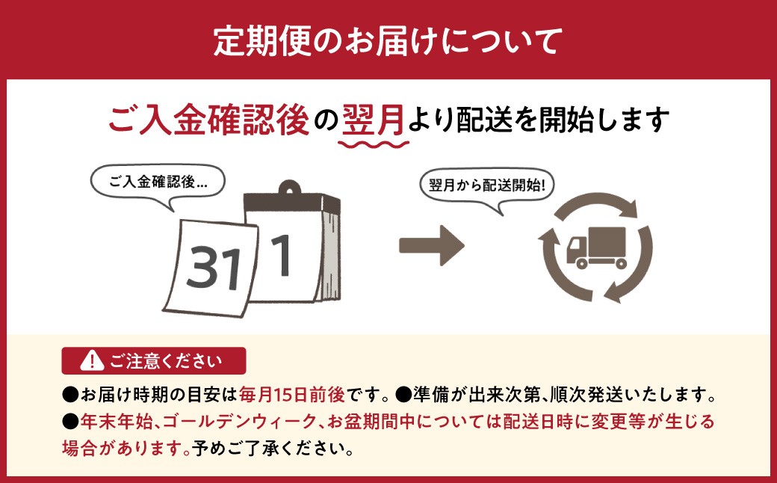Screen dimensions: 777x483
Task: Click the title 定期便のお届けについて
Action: coord(388,40)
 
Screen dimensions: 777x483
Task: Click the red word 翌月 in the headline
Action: coord(374,120)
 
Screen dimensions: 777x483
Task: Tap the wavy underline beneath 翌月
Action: coord(374,144)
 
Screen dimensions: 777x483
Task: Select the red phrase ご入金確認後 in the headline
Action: coord(208,120)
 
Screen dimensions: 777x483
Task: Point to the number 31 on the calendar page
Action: coord(214,267)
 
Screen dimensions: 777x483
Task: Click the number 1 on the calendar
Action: coord(282,256)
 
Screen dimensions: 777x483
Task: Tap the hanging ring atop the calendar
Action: coord(290,188)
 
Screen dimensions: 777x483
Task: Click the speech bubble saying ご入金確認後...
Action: coord(158,183)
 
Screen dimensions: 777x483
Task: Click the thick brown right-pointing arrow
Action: coord(432,245)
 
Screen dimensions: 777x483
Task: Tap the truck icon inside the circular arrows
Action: coord(597,248)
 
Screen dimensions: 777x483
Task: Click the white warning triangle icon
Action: coord(92,360)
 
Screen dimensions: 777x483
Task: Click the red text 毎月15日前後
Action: coord(292,396)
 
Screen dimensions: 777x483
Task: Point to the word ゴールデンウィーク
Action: coord(239,422)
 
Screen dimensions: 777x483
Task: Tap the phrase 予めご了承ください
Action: coord(273,449)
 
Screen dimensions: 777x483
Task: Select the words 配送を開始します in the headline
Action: coord(563,120)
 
